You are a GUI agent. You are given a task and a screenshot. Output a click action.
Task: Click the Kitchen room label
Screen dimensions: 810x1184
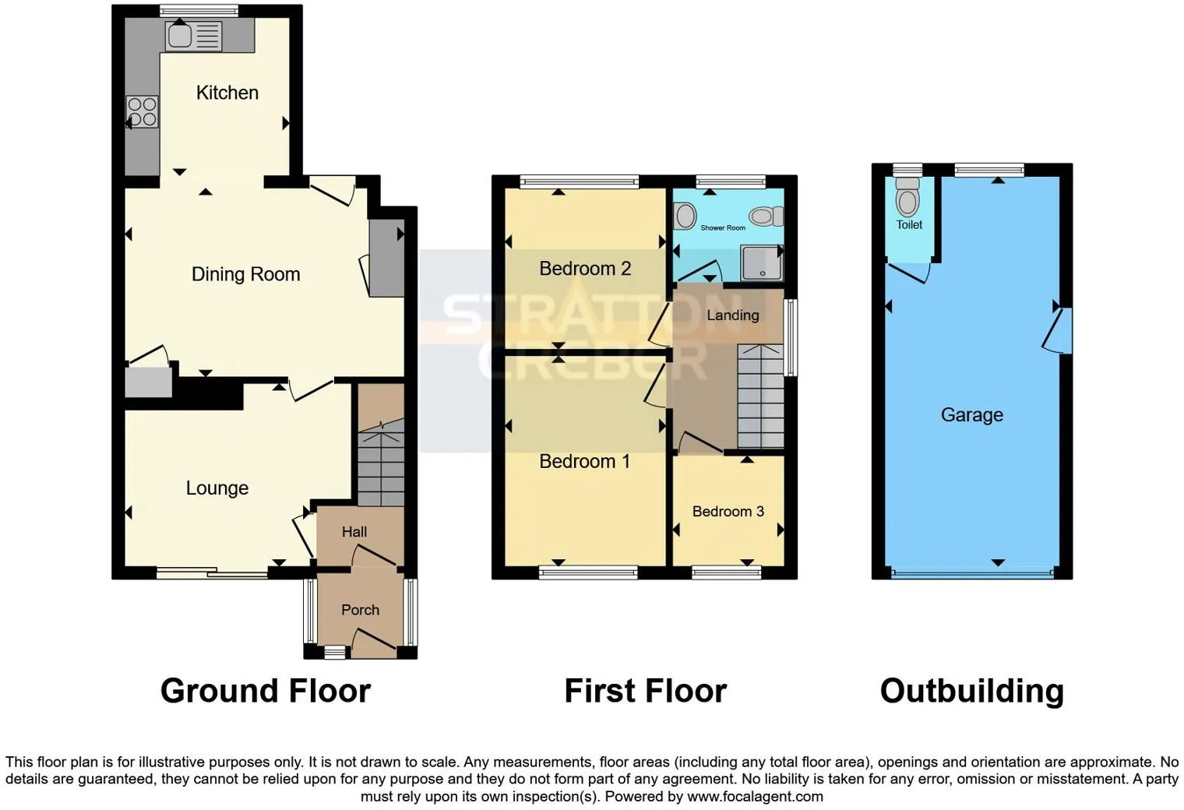click(x=227, y=93)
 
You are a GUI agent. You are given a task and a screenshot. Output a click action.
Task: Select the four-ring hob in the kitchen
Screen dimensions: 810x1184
click(x=143, y=111)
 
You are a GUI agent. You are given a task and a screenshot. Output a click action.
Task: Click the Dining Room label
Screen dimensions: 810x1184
click(x=245, y=274)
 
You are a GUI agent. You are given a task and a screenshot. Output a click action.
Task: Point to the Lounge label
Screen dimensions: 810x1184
click(x=217, y=488)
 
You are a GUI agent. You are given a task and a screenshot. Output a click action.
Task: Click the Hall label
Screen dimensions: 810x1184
click(x=354, y=532)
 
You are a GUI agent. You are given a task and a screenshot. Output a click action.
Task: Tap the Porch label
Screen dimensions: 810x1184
click(x=360, y=610)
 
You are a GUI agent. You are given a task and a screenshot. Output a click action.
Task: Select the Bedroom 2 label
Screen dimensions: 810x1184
click(x=584, y=269)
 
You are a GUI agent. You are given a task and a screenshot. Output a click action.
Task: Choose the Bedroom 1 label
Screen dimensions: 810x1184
click(x=584, y=462)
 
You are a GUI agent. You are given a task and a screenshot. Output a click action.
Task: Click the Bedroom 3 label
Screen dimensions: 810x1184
click(x=728, y=512)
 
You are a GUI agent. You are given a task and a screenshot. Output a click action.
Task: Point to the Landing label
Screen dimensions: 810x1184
click(x=732, y=315)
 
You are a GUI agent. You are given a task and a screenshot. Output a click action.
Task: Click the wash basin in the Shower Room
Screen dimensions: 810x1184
click(x=685, y=216)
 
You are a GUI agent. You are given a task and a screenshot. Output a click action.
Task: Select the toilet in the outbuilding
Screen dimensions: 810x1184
click(x=907, y=197)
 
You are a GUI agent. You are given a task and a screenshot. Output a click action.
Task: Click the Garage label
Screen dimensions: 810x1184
click(x=971, y=415)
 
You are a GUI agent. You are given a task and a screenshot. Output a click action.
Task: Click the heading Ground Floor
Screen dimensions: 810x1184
click(x=265, y=691)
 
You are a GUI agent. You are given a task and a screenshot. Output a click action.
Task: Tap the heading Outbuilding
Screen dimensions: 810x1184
click(x=971, y=691)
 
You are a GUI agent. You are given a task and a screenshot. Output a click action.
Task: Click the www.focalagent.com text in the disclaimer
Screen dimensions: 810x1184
click(x=754, y=797)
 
